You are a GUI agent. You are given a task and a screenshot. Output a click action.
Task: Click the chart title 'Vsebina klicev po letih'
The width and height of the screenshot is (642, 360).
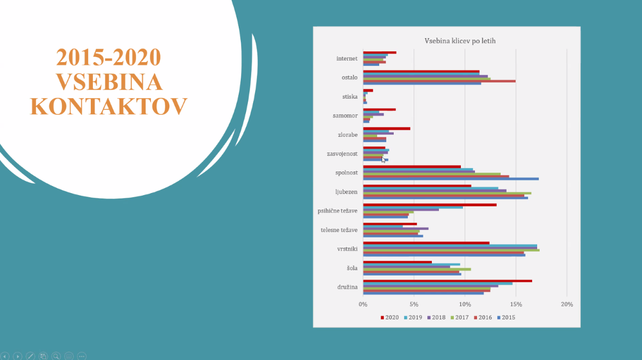(x=460, y=41)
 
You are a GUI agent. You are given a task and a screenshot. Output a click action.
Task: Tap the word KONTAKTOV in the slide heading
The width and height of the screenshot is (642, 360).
(x=109, y=106)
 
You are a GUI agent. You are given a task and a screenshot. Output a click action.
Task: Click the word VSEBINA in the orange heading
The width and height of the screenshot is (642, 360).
(x=109, y=82)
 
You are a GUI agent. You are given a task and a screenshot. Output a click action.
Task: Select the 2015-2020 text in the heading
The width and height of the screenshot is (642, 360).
(x=109, y=57)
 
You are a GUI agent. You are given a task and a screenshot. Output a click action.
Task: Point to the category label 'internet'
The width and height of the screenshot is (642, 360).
(x=347, y=59)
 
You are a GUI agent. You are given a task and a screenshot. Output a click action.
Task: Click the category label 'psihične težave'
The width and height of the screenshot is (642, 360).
(x=338, y=211)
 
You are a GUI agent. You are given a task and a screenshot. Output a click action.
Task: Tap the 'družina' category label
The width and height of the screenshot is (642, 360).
(x=347, y=287)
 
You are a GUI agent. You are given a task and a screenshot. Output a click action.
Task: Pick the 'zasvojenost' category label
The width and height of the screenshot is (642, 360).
(x=343, y=154)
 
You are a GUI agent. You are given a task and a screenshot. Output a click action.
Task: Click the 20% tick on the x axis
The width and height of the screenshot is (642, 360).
(x=567, y=304)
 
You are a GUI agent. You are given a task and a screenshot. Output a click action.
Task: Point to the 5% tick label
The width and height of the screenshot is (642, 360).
(x=414, y=304)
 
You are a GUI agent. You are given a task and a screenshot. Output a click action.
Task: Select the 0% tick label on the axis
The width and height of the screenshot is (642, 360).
(x=363, y=304)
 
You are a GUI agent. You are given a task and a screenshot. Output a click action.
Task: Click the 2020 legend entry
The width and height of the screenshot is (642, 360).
(x=390, y=317)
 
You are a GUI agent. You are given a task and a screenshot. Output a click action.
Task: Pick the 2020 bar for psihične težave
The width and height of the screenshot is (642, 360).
(x=429, y=205)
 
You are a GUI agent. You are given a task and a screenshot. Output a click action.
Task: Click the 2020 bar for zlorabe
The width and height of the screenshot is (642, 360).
(x=386, y=129)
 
